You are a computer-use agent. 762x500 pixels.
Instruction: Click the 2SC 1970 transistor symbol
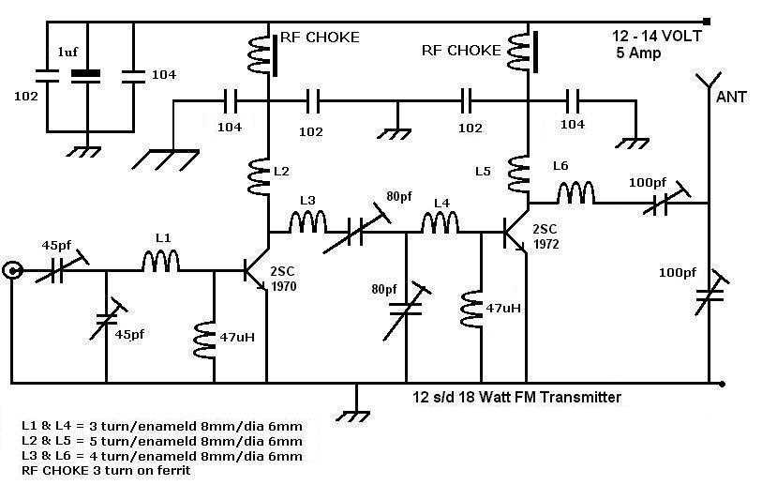(x=255, y=270)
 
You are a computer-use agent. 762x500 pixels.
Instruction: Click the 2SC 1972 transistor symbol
(x=515, y=232)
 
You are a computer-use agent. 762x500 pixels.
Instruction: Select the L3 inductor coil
(x=307, y=221)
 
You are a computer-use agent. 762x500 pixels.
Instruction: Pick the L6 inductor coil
(x=575, y=192)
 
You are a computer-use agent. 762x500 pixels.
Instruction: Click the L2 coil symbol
(x=259, y=176)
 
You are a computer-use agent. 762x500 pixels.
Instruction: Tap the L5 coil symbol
(x=518, y=174)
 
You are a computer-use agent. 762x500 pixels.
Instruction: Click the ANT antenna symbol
(x=709, y=81)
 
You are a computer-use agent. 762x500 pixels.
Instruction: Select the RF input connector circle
(x=11, y=270)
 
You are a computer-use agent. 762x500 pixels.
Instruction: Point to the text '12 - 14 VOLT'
(x=656, y=36)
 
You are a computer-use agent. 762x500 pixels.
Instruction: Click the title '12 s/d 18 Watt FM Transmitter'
(x=516, y=397)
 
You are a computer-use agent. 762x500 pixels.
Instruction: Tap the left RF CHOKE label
(x=320, y=38)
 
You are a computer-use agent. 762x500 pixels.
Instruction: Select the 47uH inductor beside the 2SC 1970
(x=204, y=340)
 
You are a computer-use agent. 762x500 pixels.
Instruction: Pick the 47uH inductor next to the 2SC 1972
(x=471, y=310)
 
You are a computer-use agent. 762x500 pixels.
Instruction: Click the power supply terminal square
(x=707, y=22)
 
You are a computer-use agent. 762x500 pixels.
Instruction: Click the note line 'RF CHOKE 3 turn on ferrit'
(x=106, y=470)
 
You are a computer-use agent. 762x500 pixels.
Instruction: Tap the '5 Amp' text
(x=638, y=53)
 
